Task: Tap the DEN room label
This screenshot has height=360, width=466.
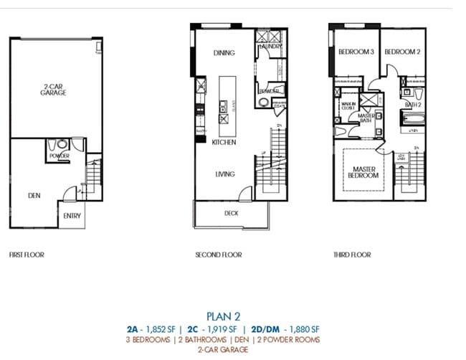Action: tap(34, 194)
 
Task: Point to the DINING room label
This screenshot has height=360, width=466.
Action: tap(224, 53)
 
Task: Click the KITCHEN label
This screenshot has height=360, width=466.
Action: tap(224, 142)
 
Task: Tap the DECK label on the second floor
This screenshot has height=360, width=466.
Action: tap(231, 213)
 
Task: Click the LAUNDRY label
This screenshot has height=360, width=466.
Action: tap(270, 46)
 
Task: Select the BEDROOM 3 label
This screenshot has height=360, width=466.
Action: tap(356, 52)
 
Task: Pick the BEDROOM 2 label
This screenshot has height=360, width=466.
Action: tap(401, 52)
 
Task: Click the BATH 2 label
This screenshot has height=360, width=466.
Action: tap(412, 105)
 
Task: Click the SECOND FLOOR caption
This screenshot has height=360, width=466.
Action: tap(219, 255)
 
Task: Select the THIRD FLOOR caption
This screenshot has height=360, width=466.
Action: tap(352, 255)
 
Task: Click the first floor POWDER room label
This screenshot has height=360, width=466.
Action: tap(59, 156)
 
